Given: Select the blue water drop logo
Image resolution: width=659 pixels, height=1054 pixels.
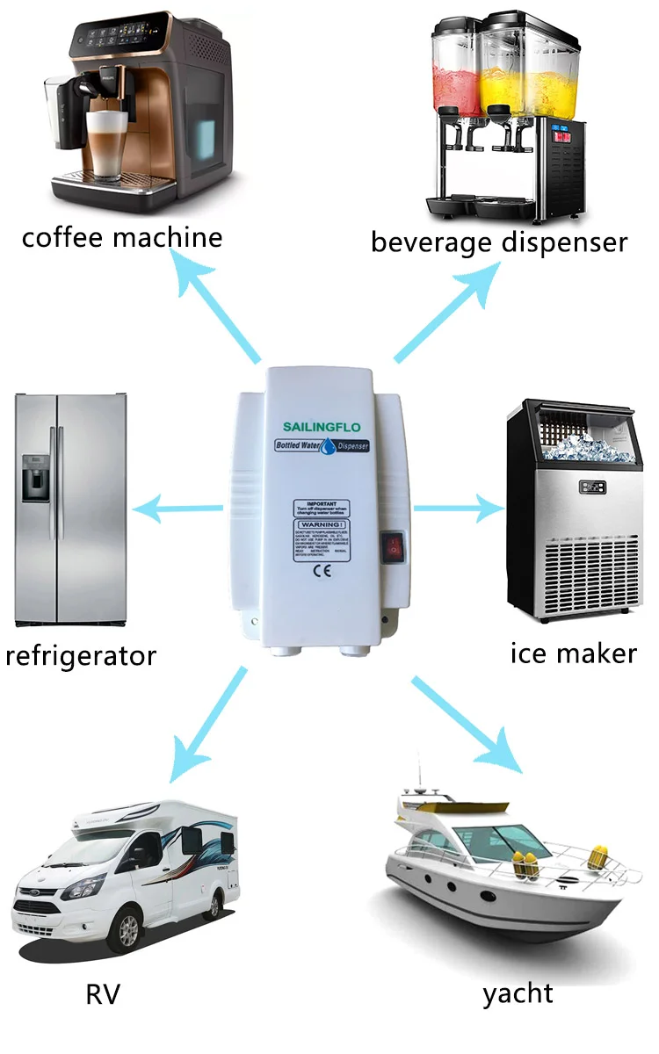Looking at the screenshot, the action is click(328, 448).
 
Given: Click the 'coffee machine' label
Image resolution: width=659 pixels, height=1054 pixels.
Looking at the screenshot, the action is click(122, 237).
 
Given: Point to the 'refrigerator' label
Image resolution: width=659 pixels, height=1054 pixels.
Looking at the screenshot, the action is click(81, 655).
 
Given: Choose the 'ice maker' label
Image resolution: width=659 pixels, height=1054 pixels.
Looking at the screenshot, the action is click(573, 653).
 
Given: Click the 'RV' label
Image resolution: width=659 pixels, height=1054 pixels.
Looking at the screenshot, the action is click(103, 993).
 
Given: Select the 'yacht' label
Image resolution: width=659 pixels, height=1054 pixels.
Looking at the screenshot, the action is click(518, 993).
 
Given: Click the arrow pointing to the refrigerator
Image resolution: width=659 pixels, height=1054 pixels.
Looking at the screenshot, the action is click(180, 508).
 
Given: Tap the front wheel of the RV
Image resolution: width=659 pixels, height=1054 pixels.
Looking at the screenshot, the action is click(128, 929).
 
